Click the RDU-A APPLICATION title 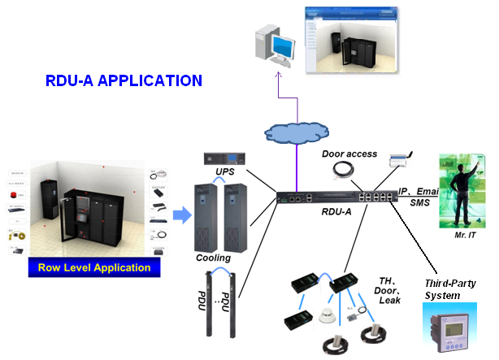[x=124, y=80]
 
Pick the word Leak [x=389, y=301]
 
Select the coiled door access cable [x=342, y=170]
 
